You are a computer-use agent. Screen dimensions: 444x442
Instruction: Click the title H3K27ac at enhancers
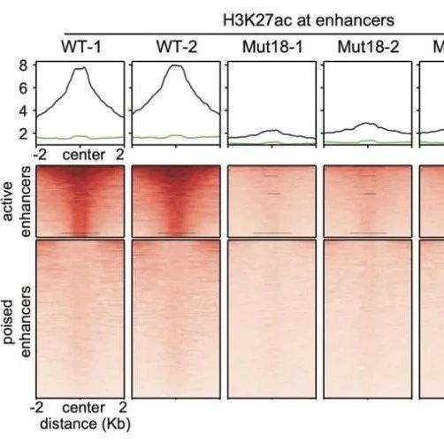tap(309, 20)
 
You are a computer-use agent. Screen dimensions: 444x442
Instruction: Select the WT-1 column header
tap(81, 47)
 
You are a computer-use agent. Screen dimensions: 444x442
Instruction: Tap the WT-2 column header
tap(177, 47)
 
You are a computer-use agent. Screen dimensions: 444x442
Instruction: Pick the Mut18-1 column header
tap(272, 47)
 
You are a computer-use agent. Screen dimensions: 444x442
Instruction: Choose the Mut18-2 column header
tap(368, 47)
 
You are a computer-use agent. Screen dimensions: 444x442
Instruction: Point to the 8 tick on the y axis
tap(23, 65)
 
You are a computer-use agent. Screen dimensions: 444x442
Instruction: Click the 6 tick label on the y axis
tap(23, 88)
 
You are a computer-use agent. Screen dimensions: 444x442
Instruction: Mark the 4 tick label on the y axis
tap(23, 110)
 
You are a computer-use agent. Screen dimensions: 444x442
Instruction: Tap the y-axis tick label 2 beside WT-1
tap(23, 133)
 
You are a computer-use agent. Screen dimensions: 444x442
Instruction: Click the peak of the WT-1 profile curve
tap(85, 67)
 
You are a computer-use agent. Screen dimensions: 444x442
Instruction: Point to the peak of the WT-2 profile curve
tap(176, 65)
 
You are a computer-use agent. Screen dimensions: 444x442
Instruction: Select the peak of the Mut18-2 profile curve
tap(366, 123)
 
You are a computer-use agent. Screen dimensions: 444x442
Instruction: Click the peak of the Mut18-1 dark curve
tap(276, 130)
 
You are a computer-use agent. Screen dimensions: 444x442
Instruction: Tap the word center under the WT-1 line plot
tap(84, 155)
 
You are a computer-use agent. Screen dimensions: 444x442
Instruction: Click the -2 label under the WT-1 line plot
tap(40, 155)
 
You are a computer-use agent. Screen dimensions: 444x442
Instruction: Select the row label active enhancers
tap(17, 202)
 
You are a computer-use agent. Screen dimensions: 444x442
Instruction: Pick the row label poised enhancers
tap(17, 322)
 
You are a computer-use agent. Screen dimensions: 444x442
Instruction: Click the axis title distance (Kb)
tap(85, 424)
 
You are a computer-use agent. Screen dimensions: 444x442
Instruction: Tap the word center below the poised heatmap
tap(84, 408)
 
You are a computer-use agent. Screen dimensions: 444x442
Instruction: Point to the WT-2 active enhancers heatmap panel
tap(176, 202)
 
